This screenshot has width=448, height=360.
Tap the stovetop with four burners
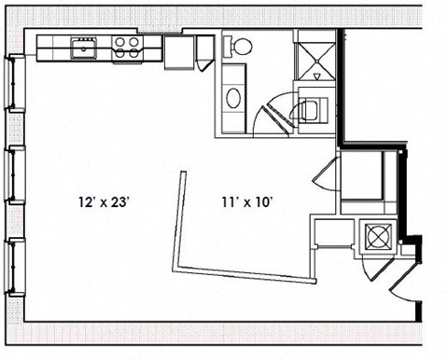(128, 45)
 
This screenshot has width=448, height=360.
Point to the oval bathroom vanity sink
(233, 96)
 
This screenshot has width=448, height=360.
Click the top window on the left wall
(11, 85)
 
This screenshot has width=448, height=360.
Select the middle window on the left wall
(11, 173)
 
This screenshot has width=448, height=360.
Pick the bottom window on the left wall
(11, 265)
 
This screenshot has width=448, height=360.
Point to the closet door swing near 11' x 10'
(322, 174)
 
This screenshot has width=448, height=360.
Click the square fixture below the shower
(311, 106)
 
